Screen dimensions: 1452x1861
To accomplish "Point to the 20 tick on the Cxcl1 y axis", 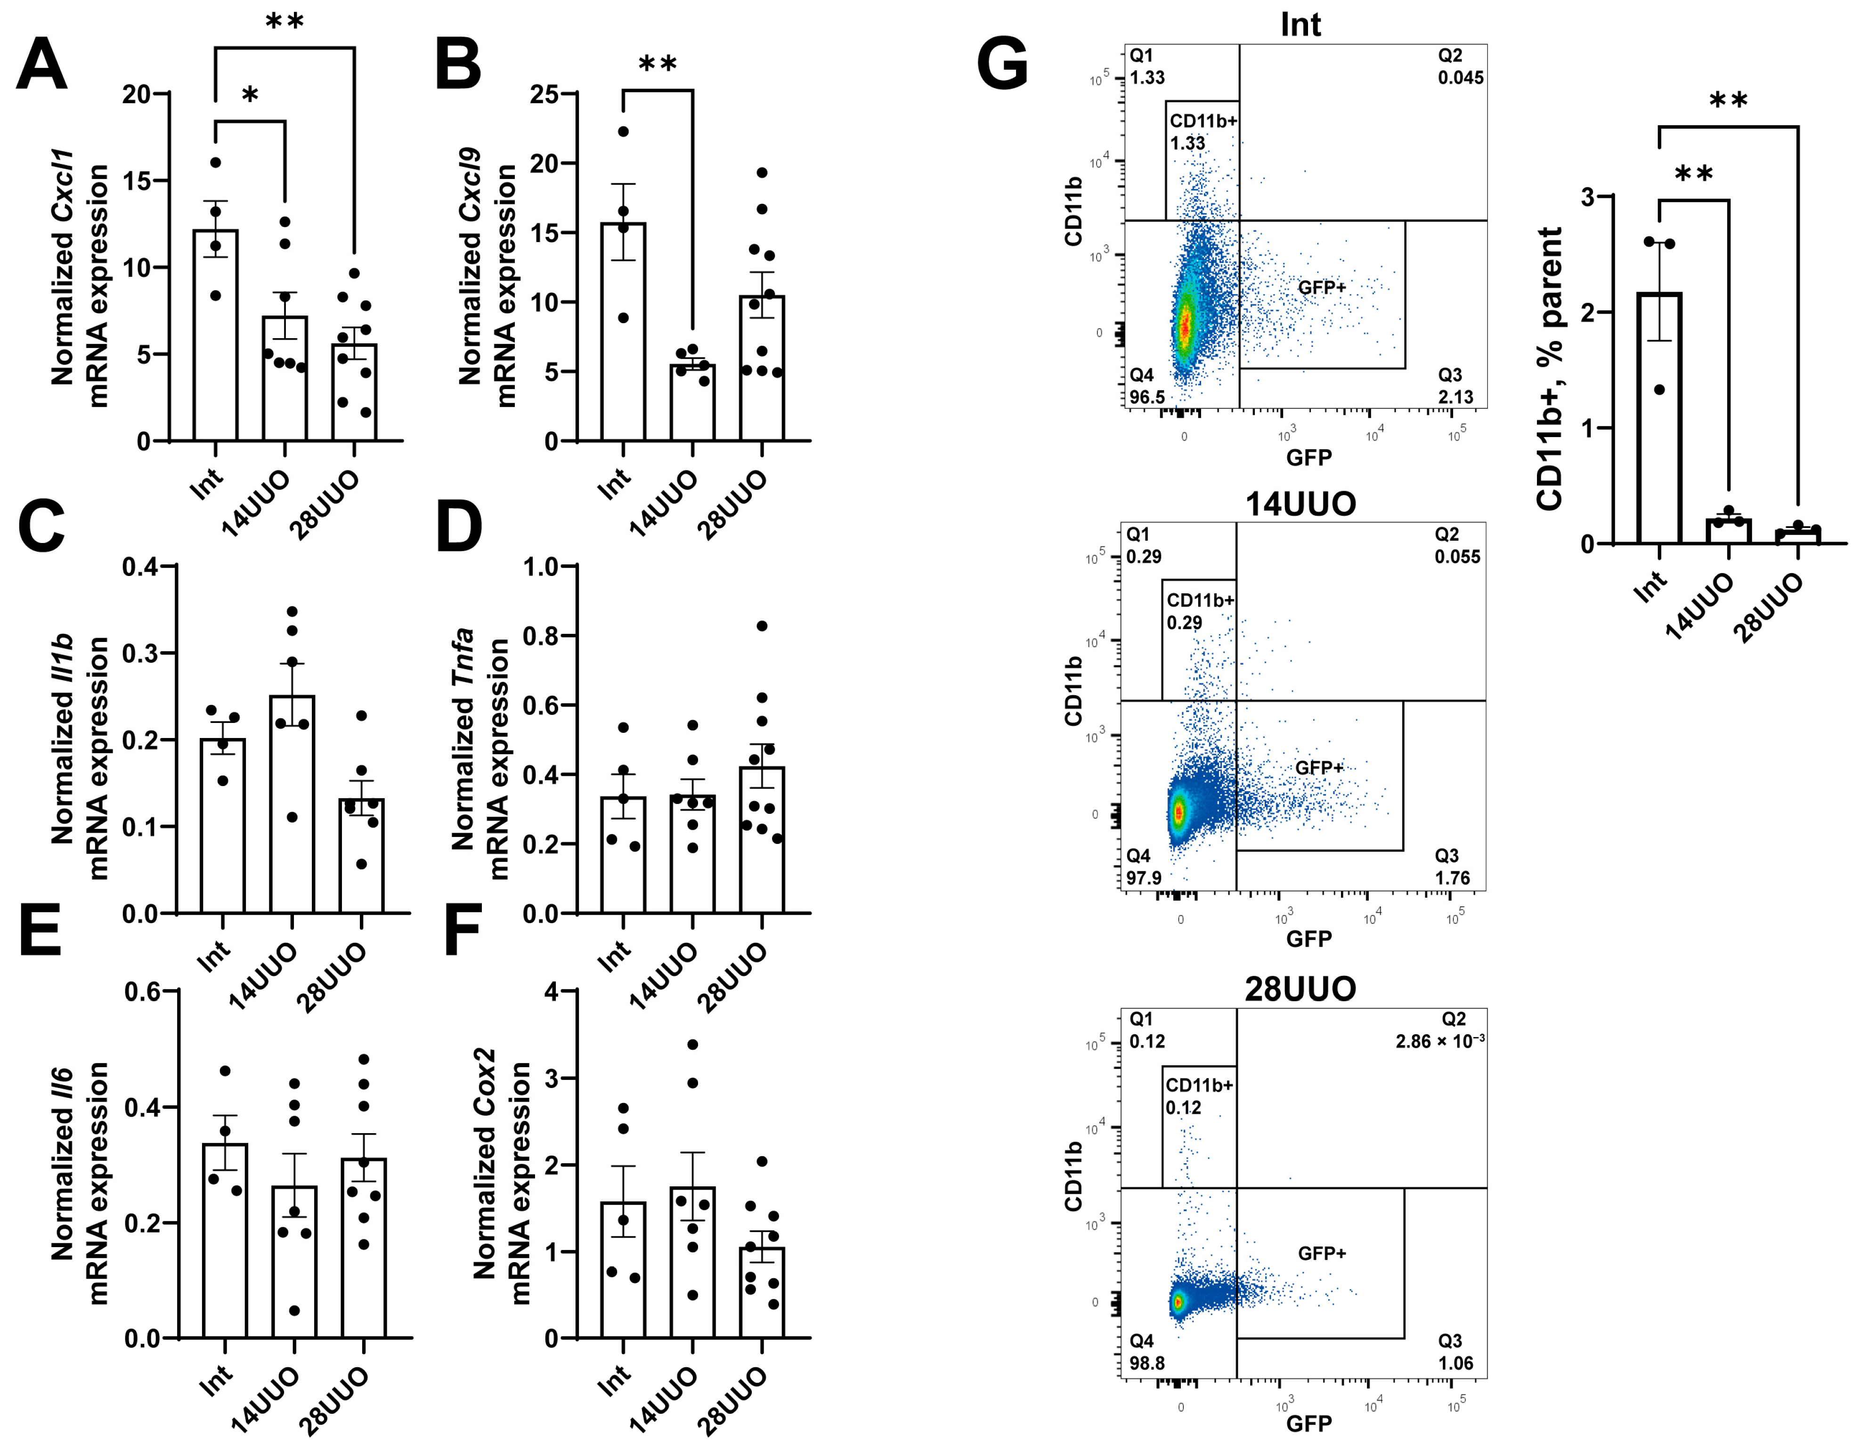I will pos(136,94).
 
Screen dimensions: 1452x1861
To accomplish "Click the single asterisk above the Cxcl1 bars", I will pos(250,96).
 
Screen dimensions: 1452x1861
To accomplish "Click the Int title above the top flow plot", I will pos(1300,24).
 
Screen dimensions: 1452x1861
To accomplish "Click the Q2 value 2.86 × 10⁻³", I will pos(1439,1041).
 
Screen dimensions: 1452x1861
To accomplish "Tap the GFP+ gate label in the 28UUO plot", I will pos(1322,1253).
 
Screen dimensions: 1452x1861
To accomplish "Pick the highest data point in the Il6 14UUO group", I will pos(295,1084).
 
